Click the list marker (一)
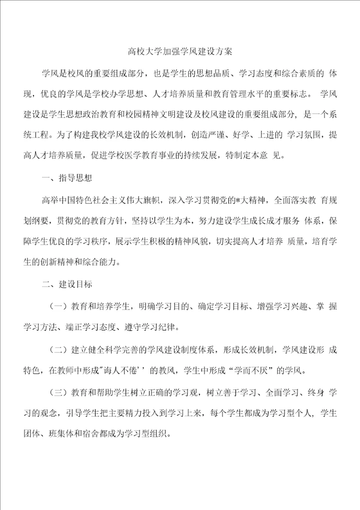58,305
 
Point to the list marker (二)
58,349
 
